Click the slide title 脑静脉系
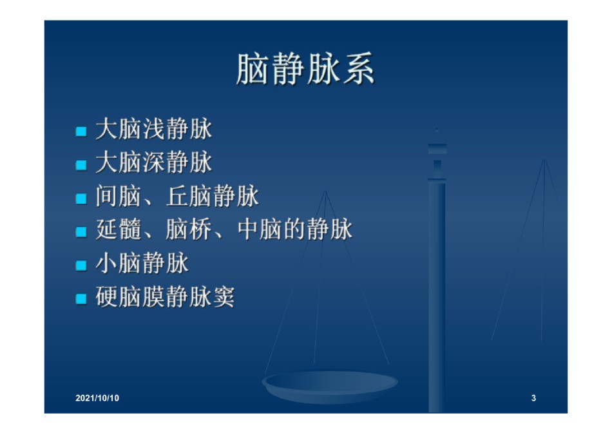point(305,69)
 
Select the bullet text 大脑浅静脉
point(154,129)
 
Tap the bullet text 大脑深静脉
point(154,162)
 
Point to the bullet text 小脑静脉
point(142,263)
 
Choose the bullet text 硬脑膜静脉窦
point(165,297)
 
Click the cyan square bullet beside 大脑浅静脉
point(81,131)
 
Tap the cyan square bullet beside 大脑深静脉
point(81,165)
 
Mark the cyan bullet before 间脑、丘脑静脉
point(81,198)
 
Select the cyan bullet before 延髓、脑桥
point(81,232)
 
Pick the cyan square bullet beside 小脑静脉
point(81,265)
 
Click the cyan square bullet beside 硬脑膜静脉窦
point(81,299)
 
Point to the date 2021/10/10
point(97,398)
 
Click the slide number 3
point(533,398)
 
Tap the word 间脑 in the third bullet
point(119,196)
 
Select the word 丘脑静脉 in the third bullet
point(213,196)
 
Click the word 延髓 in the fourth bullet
point(119,229)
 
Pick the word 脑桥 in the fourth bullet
point(189,229)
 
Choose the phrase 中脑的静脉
point(294,229)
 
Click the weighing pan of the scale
point(330,386)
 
